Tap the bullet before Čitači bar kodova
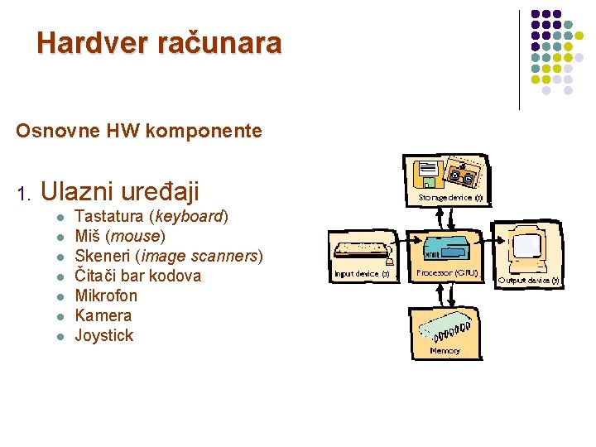[60, 276]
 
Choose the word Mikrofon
[106, 296]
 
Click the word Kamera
[103, 315]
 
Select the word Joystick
[103, 335]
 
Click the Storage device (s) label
[449, 199]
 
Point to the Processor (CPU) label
[447, 272]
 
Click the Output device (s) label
[529, 280]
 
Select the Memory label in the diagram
[445, 351]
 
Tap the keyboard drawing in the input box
[362, 248]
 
